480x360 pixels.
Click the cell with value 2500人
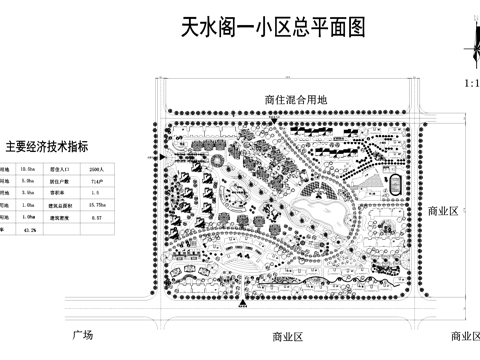(x=95, y=171)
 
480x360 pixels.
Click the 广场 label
(x=82, y=333)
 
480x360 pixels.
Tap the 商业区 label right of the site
(x=441, y=211)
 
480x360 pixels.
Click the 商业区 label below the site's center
(x=286, y=336)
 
